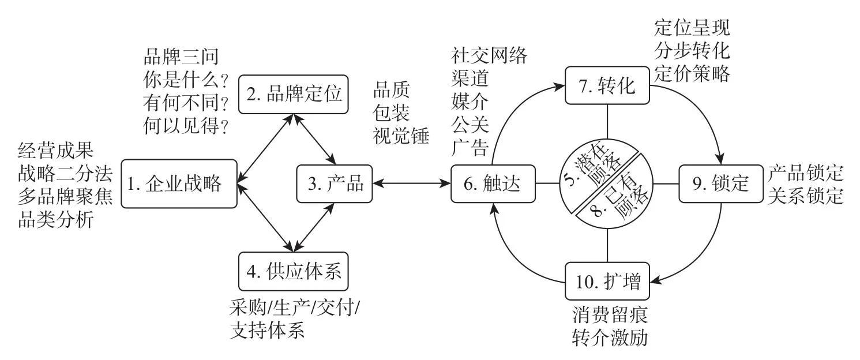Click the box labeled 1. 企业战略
coord(179,184)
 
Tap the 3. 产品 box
coord(335,184)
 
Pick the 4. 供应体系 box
coord(294,271)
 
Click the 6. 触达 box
coord(493,184)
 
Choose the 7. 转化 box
coord(607,86)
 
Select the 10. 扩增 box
coord(607,282)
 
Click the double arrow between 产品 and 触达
coord(412,184)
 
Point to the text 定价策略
coord(692,73)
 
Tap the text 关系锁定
coord(805,196)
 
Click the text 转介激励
coord(610,337)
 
